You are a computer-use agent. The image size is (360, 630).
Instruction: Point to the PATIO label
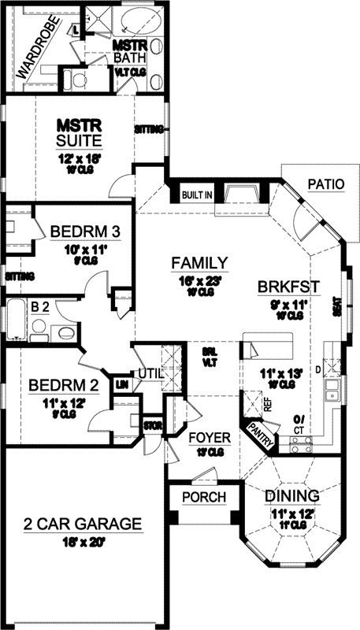326,186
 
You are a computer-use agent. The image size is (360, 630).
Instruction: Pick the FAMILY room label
201,263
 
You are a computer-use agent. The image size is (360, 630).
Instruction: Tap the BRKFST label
288,287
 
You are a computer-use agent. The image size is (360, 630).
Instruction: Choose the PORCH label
204,498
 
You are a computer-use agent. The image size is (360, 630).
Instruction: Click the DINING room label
291,496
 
